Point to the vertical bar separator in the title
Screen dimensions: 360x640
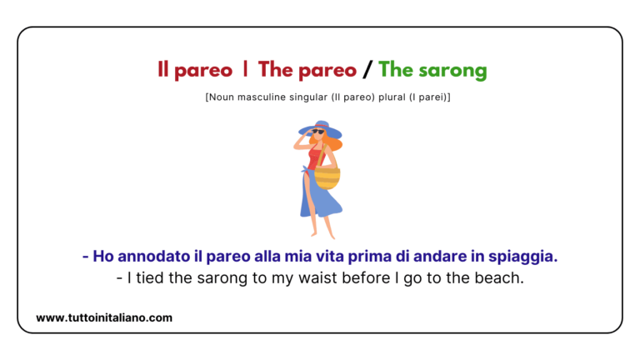click(x=245, y=71)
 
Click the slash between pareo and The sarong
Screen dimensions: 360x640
click(x=367, y=71)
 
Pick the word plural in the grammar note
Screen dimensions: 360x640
click(x=380, y=97)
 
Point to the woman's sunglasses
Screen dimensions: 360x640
click(x=318, y=132)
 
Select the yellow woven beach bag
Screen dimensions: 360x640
click(x=327, y=177)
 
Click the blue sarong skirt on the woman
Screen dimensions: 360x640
click(x=319, y=197)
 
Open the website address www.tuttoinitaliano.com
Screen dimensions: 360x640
click(x=104, y=317)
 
